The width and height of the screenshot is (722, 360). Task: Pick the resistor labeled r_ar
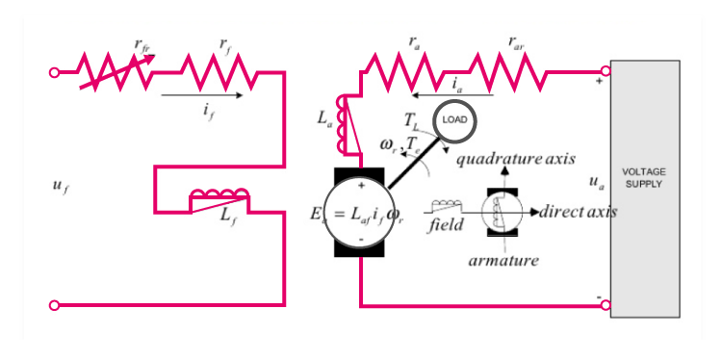(515, 70)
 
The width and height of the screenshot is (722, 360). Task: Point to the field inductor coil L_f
(220, 199)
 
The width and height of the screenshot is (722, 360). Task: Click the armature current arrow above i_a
(451, 96)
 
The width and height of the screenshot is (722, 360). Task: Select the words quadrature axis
(515, 159)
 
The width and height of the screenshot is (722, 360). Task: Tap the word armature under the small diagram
(503, 260)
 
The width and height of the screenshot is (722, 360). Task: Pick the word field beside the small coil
(446, 224)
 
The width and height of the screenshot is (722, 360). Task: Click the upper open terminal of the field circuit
(55, 71)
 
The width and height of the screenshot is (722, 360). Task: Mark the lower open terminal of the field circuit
(55, 305)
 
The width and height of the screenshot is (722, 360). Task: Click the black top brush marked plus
(360, 179)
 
